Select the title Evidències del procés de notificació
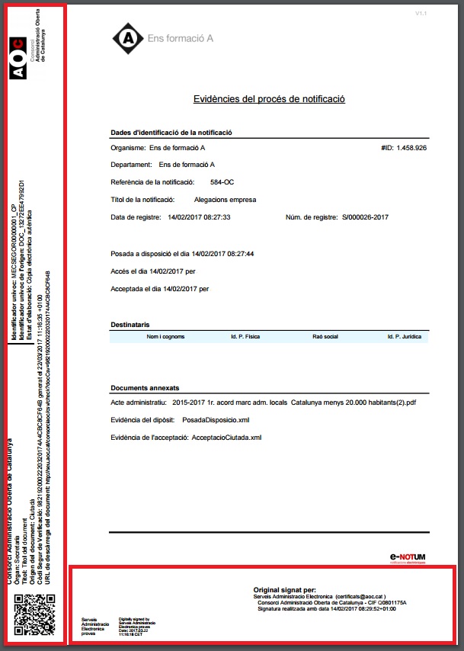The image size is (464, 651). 269,99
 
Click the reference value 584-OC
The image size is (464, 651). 222,182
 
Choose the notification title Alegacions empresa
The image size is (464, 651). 226,200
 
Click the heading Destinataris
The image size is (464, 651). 130,323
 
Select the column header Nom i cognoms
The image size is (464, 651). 166,336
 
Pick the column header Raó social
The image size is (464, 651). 325,336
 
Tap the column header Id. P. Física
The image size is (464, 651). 246,336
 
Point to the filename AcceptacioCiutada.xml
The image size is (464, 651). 227,438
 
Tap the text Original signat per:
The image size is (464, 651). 284,590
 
